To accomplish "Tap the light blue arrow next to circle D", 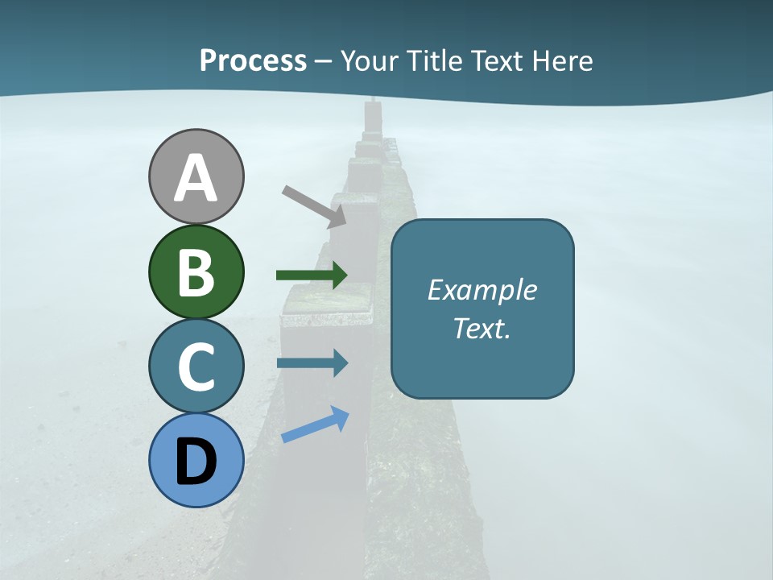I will pos(315,425).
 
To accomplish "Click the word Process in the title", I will pos(253,60).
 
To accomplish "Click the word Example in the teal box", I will pos(482,290).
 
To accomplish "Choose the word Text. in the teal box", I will pos(482,329).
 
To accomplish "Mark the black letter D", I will pos(196,462).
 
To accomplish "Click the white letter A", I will pos(196,179).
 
